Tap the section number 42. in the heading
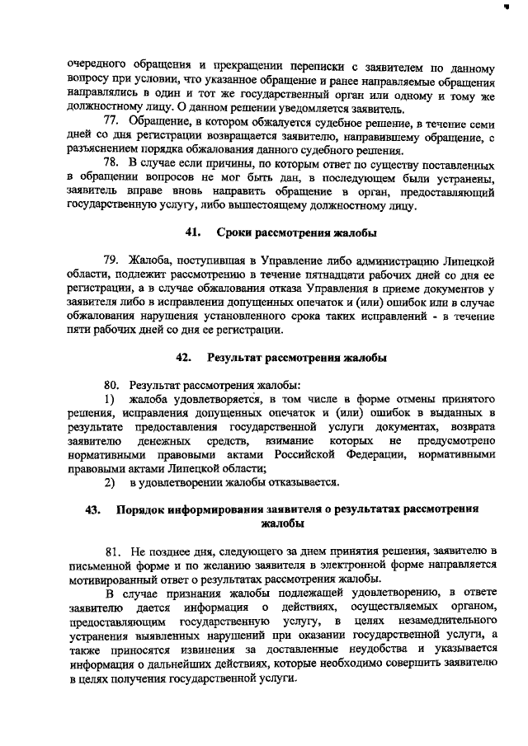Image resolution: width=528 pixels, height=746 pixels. click(184, 358)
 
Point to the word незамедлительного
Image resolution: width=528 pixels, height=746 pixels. click(449, 618)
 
